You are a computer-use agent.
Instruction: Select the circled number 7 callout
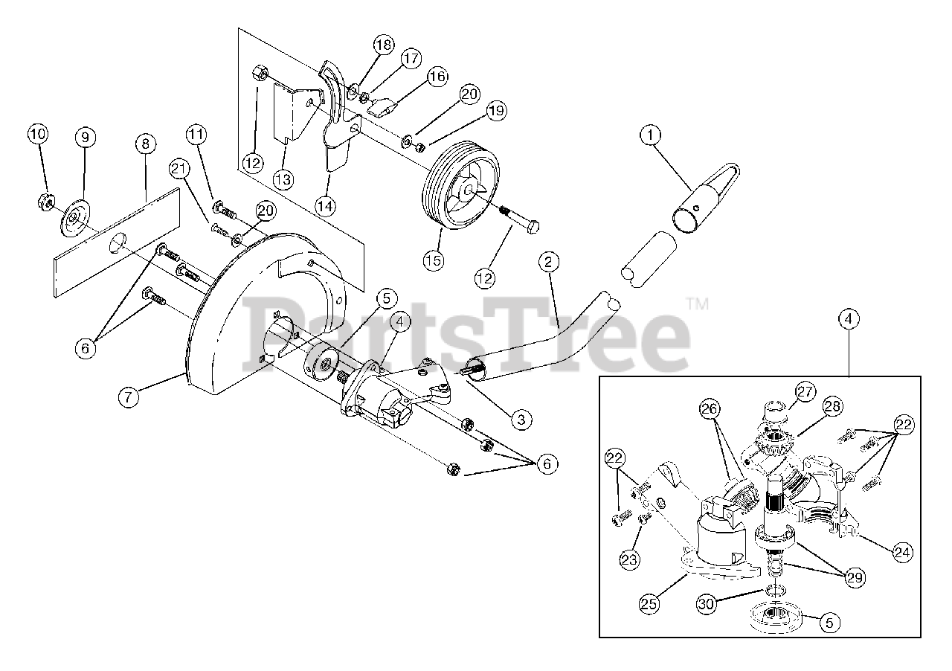tap(129, 396)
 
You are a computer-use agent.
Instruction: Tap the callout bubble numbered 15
tap(434, 260)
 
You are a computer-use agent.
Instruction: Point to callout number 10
tap(38, 135)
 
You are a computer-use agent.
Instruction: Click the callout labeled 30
tap(708, 603)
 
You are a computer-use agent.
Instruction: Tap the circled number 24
tap(903, 553)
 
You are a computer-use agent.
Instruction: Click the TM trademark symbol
tap(697, 304)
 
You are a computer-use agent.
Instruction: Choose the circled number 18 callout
tap(383, 45)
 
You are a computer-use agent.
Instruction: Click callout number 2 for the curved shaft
tap(548, 262)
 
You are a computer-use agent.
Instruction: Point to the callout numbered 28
tap(832, 406)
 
